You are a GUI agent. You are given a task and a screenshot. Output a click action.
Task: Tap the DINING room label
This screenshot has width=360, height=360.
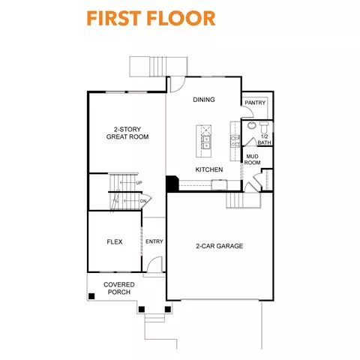click(x=203, y=100)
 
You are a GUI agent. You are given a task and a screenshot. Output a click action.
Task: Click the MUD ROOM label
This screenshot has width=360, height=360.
click(x=253, y=159)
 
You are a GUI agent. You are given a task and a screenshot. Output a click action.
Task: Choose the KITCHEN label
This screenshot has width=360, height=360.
click(x=209, y=170)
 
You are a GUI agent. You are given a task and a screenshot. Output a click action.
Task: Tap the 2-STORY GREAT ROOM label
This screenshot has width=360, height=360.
click(x=127, y=133)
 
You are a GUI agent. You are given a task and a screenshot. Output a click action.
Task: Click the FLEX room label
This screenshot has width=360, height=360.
click(x=115, y=241)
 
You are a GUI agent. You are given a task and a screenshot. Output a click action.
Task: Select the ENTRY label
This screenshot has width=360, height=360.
click(x=154, y=241)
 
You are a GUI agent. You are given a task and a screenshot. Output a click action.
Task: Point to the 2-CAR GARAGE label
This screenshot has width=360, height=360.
click(x=220, y=246)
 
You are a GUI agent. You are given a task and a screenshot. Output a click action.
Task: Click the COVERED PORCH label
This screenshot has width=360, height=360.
click(x=119, y=288)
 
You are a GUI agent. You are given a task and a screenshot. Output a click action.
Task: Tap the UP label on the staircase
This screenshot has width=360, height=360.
click(x=139, y=182)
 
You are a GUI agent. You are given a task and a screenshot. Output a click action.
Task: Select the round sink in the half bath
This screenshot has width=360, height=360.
click(x=252, y=125)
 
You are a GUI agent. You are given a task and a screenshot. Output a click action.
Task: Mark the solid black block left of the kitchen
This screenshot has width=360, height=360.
click(x=172, y=184)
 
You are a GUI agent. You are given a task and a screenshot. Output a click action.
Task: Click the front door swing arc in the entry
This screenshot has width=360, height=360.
click(x=154, y=264)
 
